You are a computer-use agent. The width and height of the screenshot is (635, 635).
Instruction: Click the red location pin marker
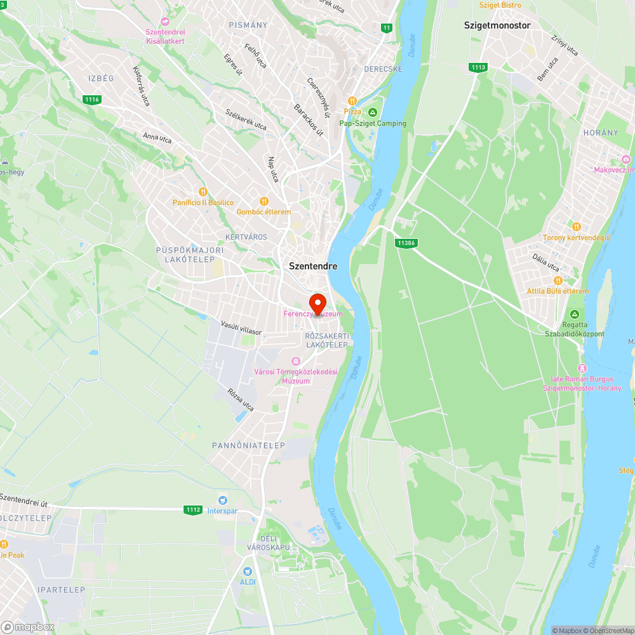[317, 302]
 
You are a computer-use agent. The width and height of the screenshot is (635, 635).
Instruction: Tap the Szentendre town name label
[313, 267]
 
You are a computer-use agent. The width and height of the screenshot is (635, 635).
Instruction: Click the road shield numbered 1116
[92, 99]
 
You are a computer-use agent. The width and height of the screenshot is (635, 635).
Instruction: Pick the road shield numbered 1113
[478, 67]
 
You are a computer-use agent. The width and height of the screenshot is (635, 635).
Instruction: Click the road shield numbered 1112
[193, 509]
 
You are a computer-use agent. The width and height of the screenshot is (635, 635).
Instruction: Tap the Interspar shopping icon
[223, 500]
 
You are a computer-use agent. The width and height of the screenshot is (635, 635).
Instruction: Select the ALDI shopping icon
[247, 571]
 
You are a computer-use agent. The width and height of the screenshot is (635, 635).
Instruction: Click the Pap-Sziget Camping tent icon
[373, 112]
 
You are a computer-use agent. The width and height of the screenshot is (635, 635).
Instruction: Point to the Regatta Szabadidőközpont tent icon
[575, 314]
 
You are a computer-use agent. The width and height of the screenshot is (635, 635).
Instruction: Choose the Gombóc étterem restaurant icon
[264, 201]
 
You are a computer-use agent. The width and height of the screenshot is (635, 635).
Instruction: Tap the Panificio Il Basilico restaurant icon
[203, 192]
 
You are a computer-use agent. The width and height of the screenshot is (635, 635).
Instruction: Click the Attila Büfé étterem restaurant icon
[558, 281]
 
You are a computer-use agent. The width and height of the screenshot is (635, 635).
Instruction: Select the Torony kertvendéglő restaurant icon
[577, 227]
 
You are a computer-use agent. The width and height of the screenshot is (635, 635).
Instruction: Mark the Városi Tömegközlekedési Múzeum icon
[295, 361]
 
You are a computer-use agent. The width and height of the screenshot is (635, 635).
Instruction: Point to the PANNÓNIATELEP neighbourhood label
[249, 446]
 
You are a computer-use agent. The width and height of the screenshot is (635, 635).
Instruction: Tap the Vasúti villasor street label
[241, 328]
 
